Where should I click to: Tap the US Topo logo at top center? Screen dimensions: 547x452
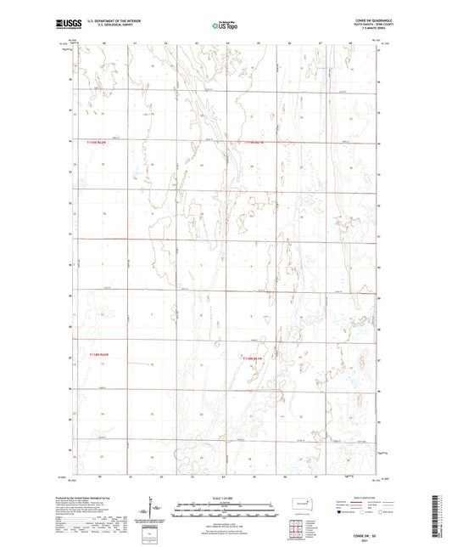[225, 26]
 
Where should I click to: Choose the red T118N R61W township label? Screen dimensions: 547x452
[254, 358]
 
